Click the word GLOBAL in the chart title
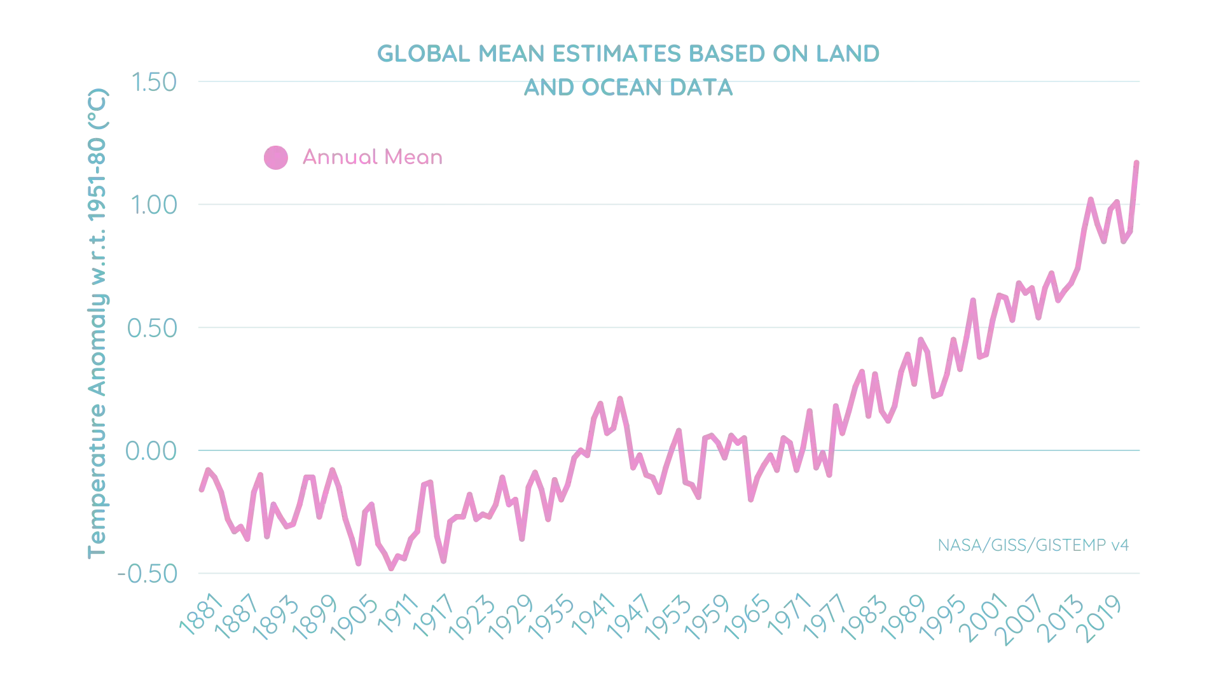pos(424,54)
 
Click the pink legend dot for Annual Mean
pos(275,158)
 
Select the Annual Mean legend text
pos(371,158)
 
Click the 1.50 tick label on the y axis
pos(154,82)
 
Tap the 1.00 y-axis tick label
pos(154,206)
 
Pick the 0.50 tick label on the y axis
pos(153,329)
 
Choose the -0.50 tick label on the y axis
pos(148,574)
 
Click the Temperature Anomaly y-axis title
pos(99,324)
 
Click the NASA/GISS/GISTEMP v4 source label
pos(1032,545)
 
